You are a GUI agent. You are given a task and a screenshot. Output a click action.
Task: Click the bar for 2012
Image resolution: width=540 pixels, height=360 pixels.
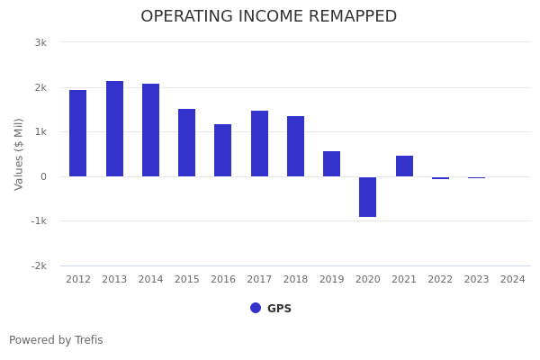click(x=78, y=133)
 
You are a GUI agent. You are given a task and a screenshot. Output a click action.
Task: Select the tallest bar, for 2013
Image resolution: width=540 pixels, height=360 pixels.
click(x=114, y=129)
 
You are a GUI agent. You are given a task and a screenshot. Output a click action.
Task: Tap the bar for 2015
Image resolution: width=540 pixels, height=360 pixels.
click(x=186, y=142)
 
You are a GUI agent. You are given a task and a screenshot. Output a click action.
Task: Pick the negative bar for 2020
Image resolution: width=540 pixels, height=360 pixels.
click(x=367, y=196)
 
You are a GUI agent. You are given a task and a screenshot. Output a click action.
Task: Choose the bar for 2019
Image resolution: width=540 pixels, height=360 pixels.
click(x=331, y=164)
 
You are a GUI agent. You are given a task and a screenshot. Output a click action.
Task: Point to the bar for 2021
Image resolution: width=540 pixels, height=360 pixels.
click(x=404, y=166)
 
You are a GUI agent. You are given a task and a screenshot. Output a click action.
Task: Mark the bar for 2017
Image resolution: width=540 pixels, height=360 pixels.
click(x=259, y=143)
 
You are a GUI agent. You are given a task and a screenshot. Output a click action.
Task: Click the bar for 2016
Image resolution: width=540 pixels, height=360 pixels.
click(x=222, y=150)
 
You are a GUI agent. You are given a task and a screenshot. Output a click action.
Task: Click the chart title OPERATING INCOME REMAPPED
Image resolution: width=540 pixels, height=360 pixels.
click(x=268, y=17)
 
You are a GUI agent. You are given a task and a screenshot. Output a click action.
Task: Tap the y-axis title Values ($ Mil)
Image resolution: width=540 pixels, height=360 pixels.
click(x=19, y=154)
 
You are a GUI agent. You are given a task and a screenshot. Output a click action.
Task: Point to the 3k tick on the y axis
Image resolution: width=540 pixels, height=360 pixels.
click(x=40, y=42)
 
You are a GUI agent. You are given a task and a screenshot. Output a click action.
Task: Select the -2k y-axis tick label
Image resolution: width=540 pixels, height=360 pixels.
click(x=38, y=265)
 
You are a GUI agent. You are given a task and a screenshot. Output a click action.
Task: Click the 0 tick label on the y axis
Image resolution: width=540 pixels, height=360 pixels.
click(x=43, y=176)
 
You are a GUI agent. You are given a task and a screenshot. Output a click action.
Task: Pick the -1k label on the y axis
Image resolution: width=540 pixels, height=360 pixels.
click(x=38, y=221)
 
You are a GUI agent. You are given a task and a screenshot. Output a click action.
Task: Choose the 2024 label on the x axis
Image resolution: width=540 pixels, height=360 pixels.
click(x=512, y=280)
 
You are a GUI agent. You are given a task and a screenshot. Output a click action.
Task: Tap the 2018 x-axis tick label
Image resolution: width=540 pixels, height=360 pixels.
click(x=295, y=280)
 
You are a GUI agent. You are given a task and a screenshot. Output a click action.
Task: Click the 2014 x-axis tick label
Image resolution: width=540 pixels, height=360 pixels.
click(x=150, y=280)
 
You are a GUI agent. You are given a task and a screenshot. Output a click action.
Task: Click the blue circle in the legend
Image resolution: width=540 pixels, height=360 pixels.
click(x=256, y=308)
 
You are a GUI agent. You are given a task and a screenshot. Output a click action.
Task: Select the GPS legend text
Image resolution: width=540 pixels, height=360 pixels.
click(x=279, y=309)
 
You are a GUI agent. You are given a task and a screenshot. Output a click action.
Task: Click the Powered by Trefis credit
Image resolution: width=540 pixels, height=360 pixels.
click(x=56, y=340)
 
